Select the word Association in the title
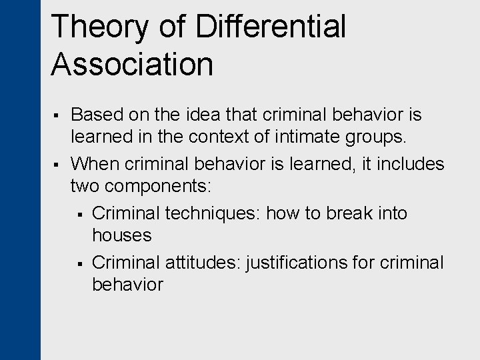coord(132,65)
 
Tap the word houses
coord(122,235)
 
